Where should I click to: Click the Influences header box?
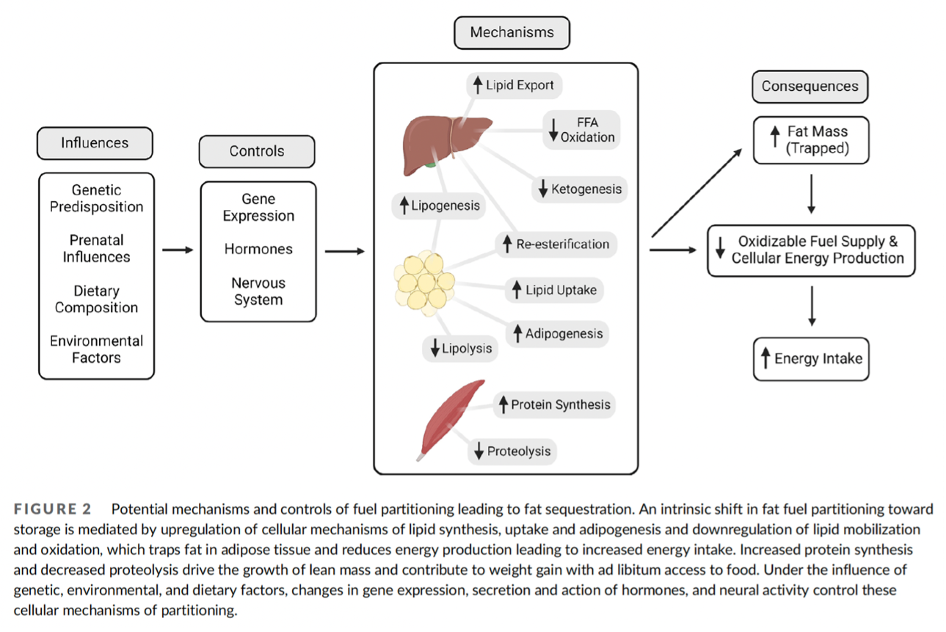(x=95, y=143)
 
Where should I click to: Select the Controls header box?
(x=257, y=151)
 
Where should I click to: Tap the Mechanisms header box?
(x=512, y=32)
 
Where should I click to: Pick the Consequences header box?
(x=809, y=86)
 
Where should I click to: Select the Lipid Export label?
(x=514, y=85)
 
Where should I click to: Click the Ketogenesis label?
(x=580, y=189)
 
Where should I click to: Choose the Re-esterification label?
(x=556, y=244)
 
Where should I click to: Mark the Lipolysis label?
(x=461, y=348)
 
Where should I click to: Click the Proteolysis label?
(x=512, y=451)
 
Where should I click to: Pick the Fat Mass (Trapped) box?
(x=810, y=139)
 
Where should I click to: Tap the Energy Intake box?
(x=811, y=359)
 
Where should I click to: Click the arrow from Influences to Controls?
(x=177, y=250)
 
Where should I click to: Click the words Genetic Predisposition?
(x=96, y=198)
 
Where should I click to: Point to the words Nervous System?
(x=258, y=291)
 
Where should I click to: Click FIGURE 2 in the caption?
(x=56, y=509)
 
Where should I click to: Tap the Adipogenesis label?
(x=558, y=334)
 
